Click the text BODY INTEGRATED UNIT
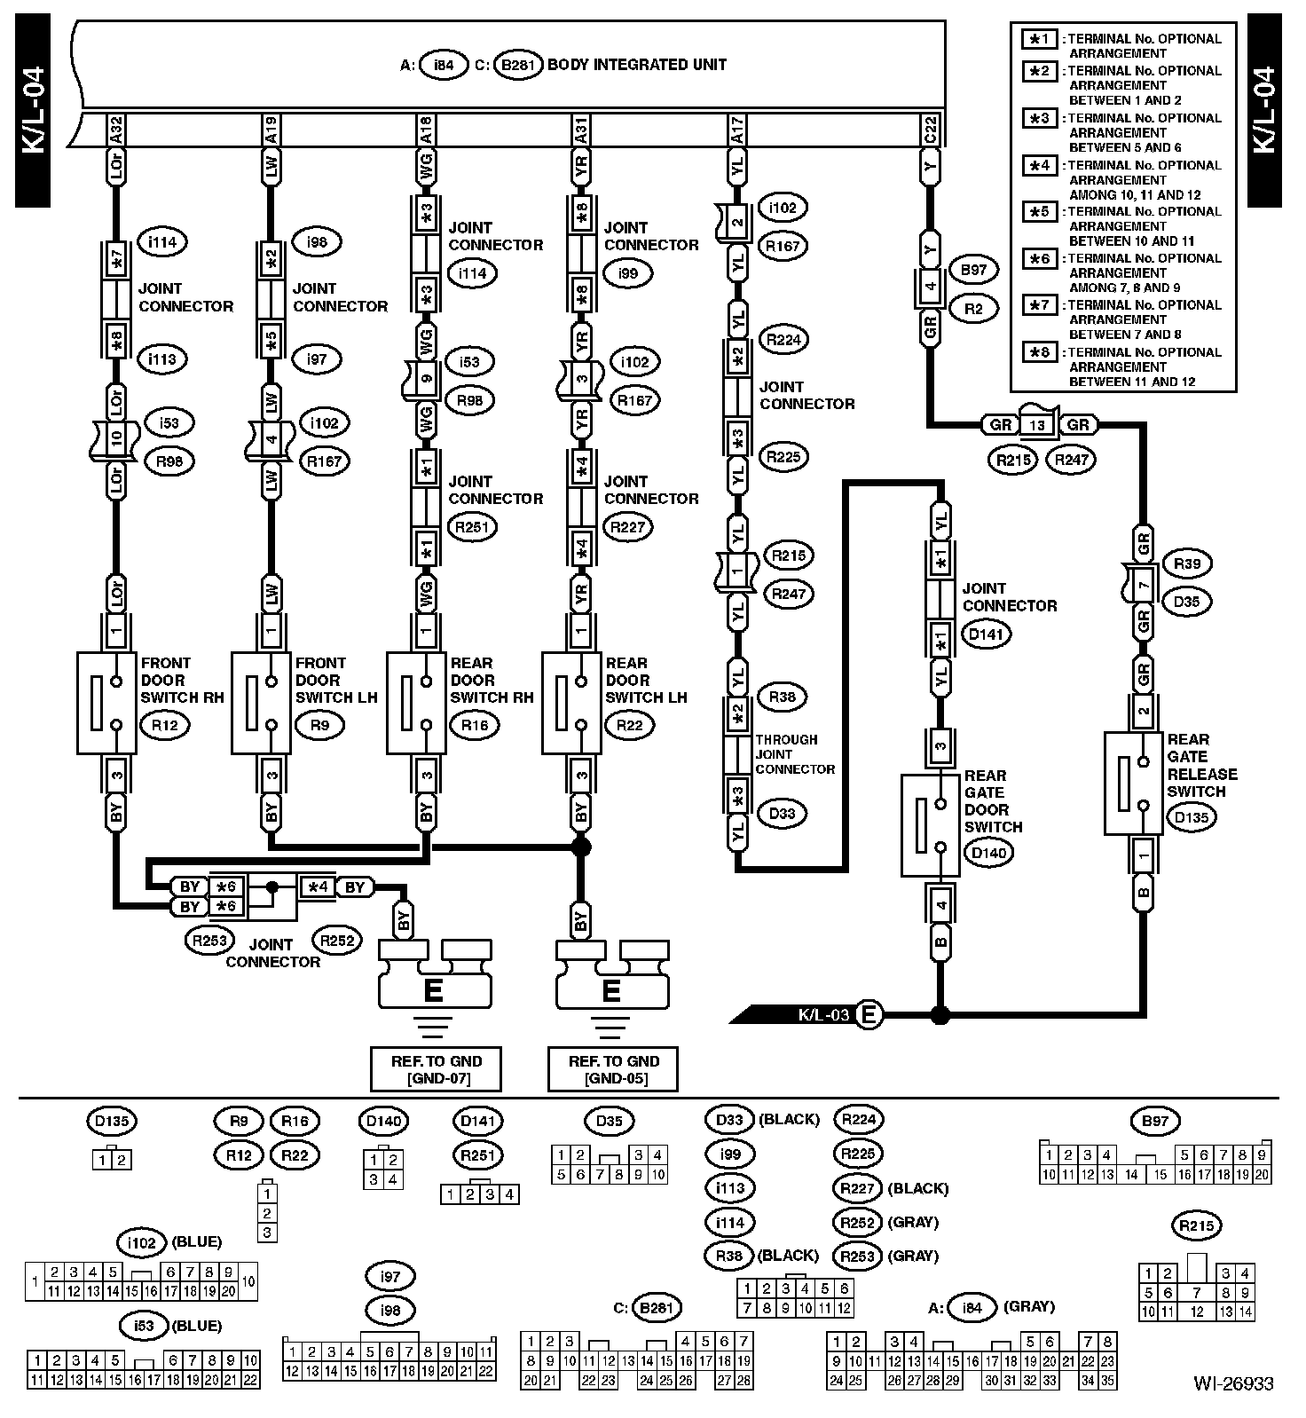(637, 65)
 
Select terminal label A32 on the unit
(116, 130)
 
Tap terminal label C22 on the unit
(930, 130)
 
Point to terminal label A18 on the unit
(427, 130)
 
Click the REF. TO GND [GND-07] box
(436, 1068)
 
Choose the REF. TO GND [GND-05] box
(613, 1068)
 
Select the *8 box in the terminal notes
(1038, 352)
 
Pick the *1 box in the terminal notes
(1038, 39)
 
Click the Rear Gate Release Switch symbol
(1133, 783)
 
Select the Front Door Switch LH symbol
(262, 703)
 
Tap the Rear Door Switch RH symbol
(416, 703)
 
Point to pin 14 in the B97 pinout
(1131, 1175)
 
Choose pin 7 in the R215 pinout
(1197, 1293)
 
